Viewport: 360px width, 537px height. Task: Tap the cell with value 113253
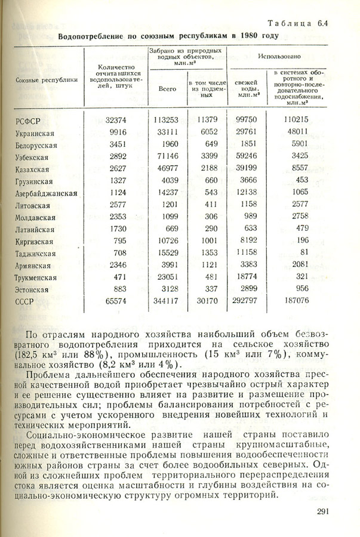pyautogui.click(x=167, y=120)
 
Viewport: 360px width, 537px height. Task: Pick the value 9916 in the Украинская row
pyautogui.click(x=118, y=132)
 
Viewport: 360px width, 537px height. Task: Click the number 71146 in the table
pyautogui.click(x=167, y=157)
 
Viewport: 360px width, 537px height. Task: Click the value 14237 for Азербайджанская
pyautogui.click(x=167, y=193)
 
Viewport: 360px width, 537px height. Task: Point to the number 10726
pyautogui.click(x=167, y=241)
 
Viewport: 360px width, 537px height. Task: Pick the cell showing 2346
pyautogui.click(x=117, y=266)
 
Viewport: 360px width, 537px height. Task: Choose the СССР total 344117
pyautogui.click(x=167, y=302)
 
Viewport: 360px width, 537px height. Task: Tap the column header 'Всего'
pyautogui.click(x=168, y=88)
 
